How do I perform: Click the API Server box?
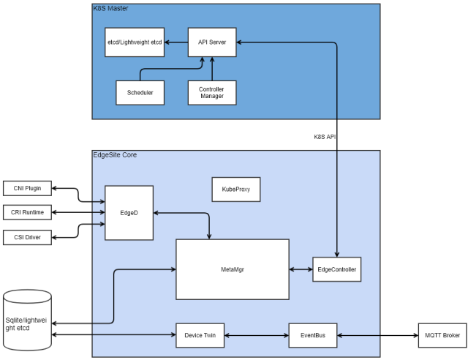(x=212, y=42)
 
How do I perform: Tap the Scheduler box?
(x=140, y=92)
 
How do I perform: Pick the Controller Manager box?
(x=212, y=92)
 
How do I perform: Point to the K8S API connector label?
(x=325, y=136)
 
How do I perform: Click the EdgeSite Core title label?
(x=115, y=155)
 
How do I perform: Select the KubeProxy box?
(x=236, y=189)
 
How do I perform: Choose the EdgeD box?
(x=129, y=213)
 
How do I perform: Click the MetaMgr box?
(x=232, y=269)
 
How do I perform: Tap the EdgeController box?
(x=337, y=269)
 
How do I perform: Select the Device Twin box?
(x=200, y=335)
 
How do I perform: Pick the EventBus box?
(x=312, y=335)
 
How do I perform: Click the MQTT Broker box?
(x=441, y=335)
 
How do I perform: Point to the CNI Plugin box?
(x=28, y=188)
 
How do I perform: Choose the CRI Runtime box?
(x=28, y=213)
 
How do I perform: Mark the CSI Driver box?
(x=28, y=237)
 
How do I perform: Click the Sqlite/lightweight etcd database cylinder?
(x=28, y=323)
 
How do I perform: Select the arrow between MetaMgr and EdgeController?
(x=301, y=269)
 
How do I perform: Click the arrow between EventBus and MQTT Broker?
(x=377, y=335)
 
